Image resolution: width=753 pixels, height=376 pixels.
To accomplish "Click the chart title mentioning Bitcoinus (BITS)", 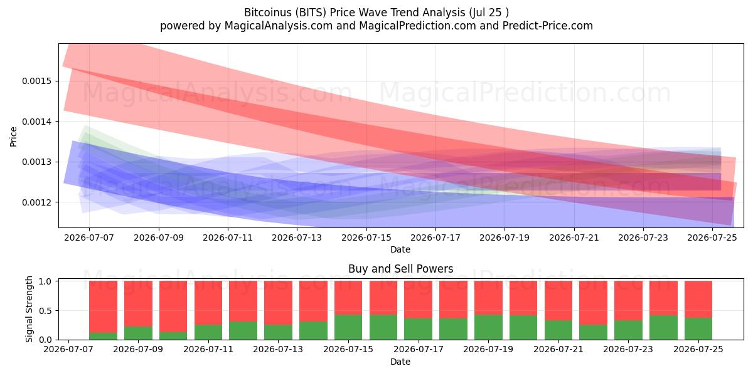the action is point(376,13).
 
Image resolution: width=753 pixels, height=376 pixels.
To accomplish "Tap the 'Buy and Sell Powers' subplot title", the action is point(400,269).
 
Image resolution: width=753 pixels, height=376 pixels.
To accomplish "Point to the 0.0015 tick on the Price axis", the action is point(36,81).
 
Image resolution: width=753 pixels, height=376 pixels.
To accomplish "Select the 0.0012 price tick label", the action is point(36,202).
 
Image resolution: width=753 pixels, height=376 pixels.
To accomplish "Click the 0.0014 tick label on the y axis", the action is point(36,122).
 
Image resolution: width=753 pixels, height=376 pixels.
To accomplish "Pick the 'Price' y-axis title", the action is point(13,137).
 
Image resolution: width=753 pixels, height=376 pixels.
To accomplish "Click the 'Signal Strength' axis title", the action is point(29,309).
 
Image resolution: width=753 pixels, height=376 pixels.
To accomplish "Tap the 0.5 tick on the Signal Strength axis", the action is point(45,311).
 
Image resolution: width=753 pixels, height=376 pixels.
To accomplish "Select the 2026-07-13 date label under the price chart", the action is point(297,238).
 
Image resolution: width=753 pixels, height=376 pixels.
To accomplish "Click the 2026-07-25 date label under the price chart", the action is point(712,238).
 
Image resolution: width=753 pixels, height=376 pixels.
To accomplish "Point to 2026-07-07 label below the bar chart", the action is point(68,349).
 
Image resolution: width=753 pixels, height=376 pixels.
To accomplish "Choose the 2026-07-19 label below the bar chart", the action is point(488,349).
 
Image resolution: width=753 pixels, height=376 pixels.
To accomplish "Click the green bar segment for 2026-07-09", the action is point(138,333).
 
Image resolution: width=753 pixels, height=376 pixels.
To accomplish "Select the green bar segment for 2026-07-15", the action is point(348,327).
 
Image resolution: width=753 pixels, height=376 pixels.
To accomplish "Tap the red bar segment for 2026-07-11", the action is point(208,303).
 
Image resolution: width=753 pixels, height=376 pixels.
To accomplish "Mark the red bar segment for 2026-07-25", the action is point(698,299).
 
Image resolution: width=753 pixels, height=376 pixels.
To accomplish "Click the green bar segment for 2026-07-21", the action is point(558,330).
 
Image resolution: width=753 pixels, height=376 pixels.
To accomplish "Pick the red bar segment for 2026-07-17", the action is point(418,300).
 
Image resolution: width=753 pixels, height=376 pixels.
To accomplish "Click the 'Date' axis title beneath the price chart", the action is point(400,249).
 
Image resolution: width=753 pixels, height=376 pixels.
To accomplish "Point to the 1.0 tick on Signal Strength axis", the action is point(45,281).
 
